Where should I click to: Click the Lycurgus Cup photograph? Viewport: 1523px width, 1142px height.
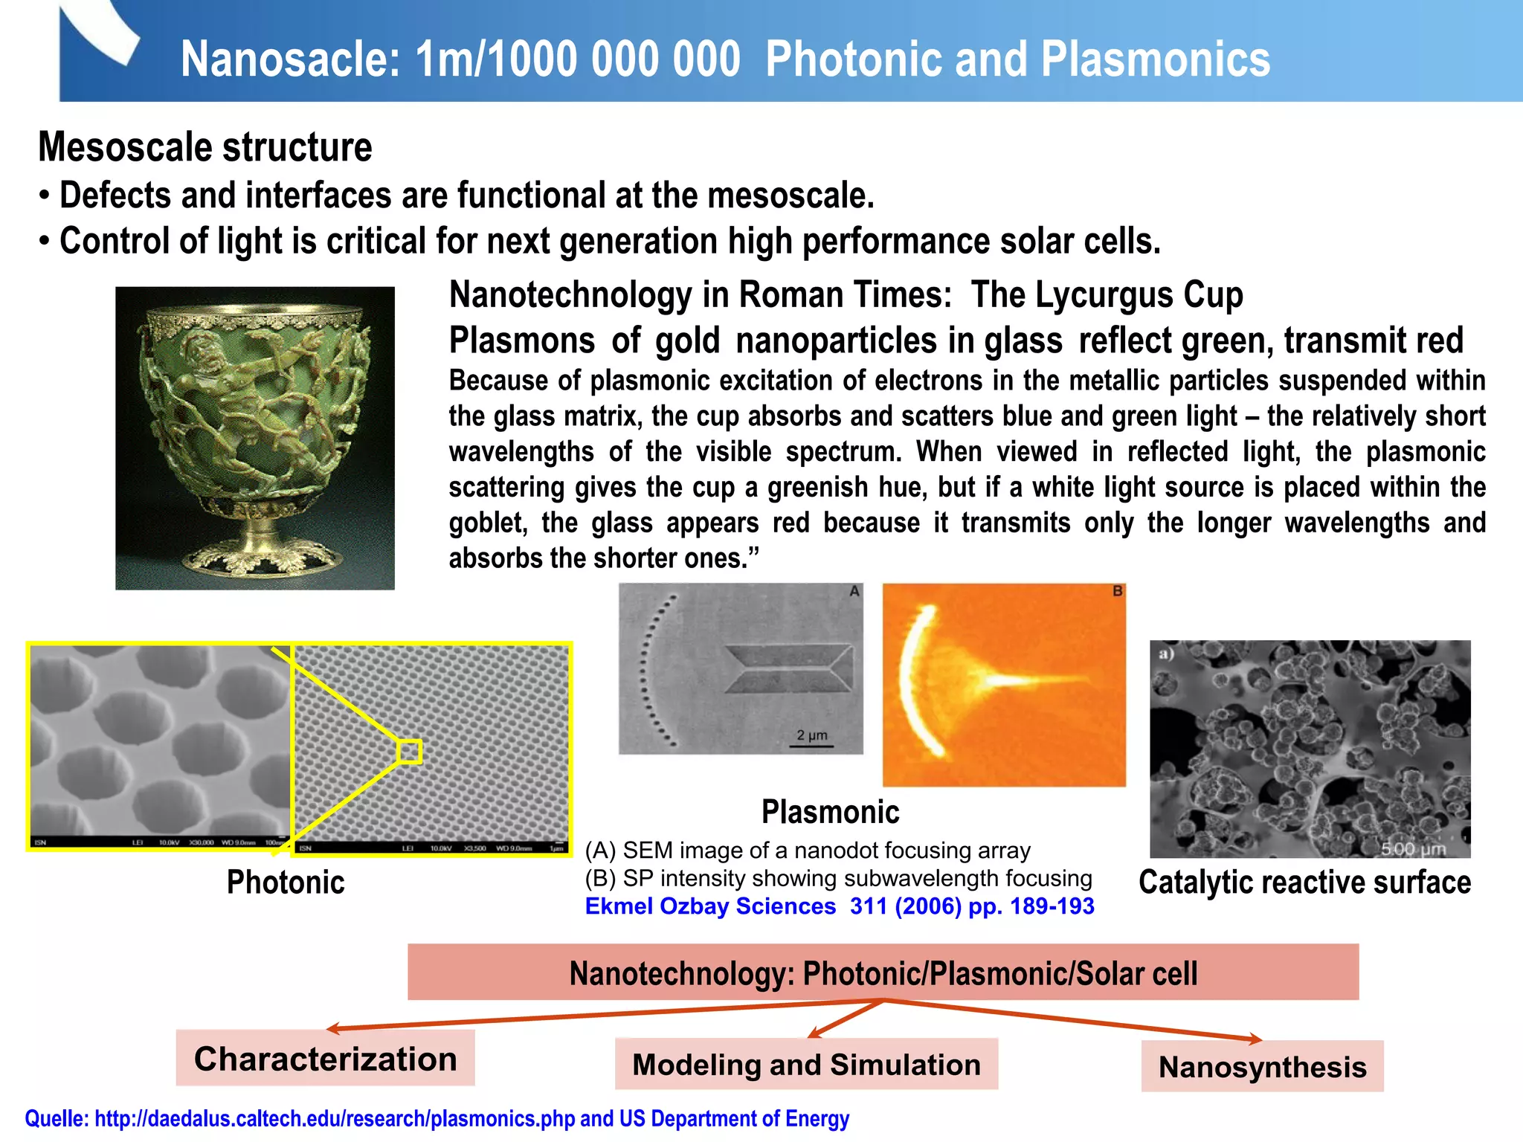pos(254,438)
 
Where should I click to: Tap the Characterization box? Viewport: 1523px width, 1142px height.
pos(325,1058)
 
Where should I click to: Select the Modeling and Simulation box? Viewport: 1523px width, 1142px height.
pos(806,1064)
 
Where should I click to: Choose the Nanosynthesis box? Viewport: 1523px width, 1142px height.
pos(1262,1066)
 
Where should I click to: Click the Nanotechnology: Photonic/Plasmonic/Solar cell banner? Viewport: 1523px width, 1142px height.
pos(883,972)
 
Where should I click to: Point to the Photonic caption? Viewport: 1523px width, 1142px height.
pos(286,883)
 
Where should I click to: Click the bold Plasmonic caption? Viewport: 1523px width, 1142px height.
pos(830,811)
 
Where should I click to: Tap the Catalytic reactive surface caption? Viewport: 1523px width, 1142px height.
pos(1304,883)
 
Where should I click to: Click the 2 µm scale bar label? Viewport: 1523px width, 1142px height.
pos(812,735)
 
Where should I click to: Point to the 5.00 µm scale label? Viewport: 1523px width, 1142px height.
pos(1413,848)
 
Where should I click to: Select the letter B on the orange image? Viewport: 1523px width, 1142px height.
pos(1117,591)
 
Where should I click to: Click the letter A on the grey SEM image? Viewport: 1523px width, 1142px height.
pos(854,591)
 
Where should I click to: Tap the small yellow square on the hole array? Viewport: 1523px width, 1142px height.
pos(409,752)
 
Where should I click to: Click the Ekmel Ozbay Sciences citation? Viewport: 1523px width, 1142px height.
pos(839,906)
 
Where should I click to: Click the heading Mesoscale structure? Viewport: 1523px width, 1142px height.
pos(205,146)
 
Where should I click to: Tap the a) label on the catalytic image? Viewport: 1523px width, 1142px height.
pos(1166,654)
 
